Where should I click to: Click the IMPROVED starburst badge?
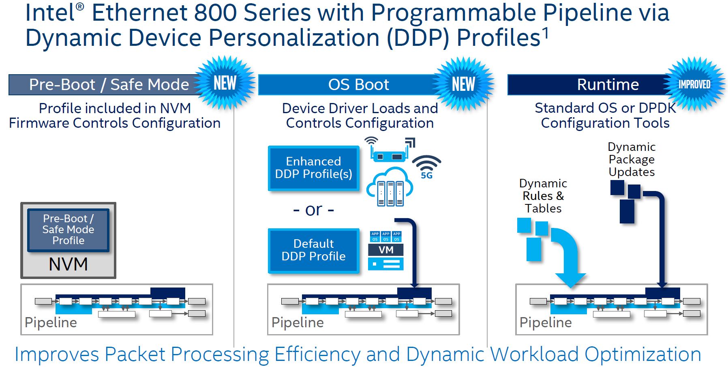pyautogui.click(x=694, y=84)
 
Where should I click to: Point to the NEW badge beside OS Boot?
pyautogui.click(x=463, y=84)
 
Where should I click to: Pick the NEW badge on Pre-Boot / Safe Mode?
pyautogui.click(x=225, y=83)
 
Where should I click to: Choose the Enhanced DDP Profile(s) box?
pyautogui.click(x=313, y=168)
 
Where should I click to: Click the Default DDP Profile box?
pyautogui.click(x=313, y=250)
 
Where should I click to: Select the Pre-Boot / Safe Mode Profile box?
pyautogui.click(x=68, y=230)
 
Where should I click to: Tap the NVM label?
pyautogui.click(x=68, y=264)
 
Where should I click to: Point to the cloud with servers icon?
pyautogui.click(x=390, y=188)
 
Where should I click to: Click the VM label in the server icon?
pyautogui.click(x=386, y=250)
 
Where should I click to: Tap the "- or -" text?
pyautogui.click(x=313, y=210)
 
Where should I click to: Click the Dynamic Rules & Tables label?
pyautogui.click(x=543, y=196)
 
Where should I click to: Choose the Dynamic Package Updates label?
pyautogui.click(x=632, y=159)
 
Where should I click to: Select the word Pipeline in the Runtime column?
pyautogui.click(x=546, y=322)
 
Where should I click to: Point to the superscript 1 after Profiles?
pyautogui.click(x=546, y=33)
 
